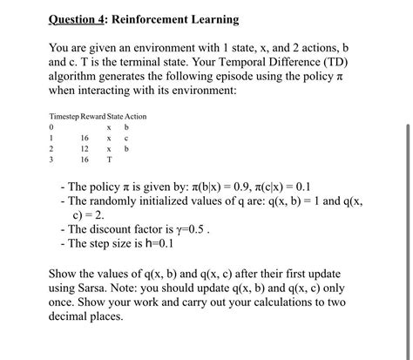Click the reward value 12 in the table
click(85, 149)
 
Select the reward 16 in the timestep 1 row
click(85, 138)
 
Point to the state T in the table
click(109, 160)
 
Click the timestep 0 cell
click(53, 127)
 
